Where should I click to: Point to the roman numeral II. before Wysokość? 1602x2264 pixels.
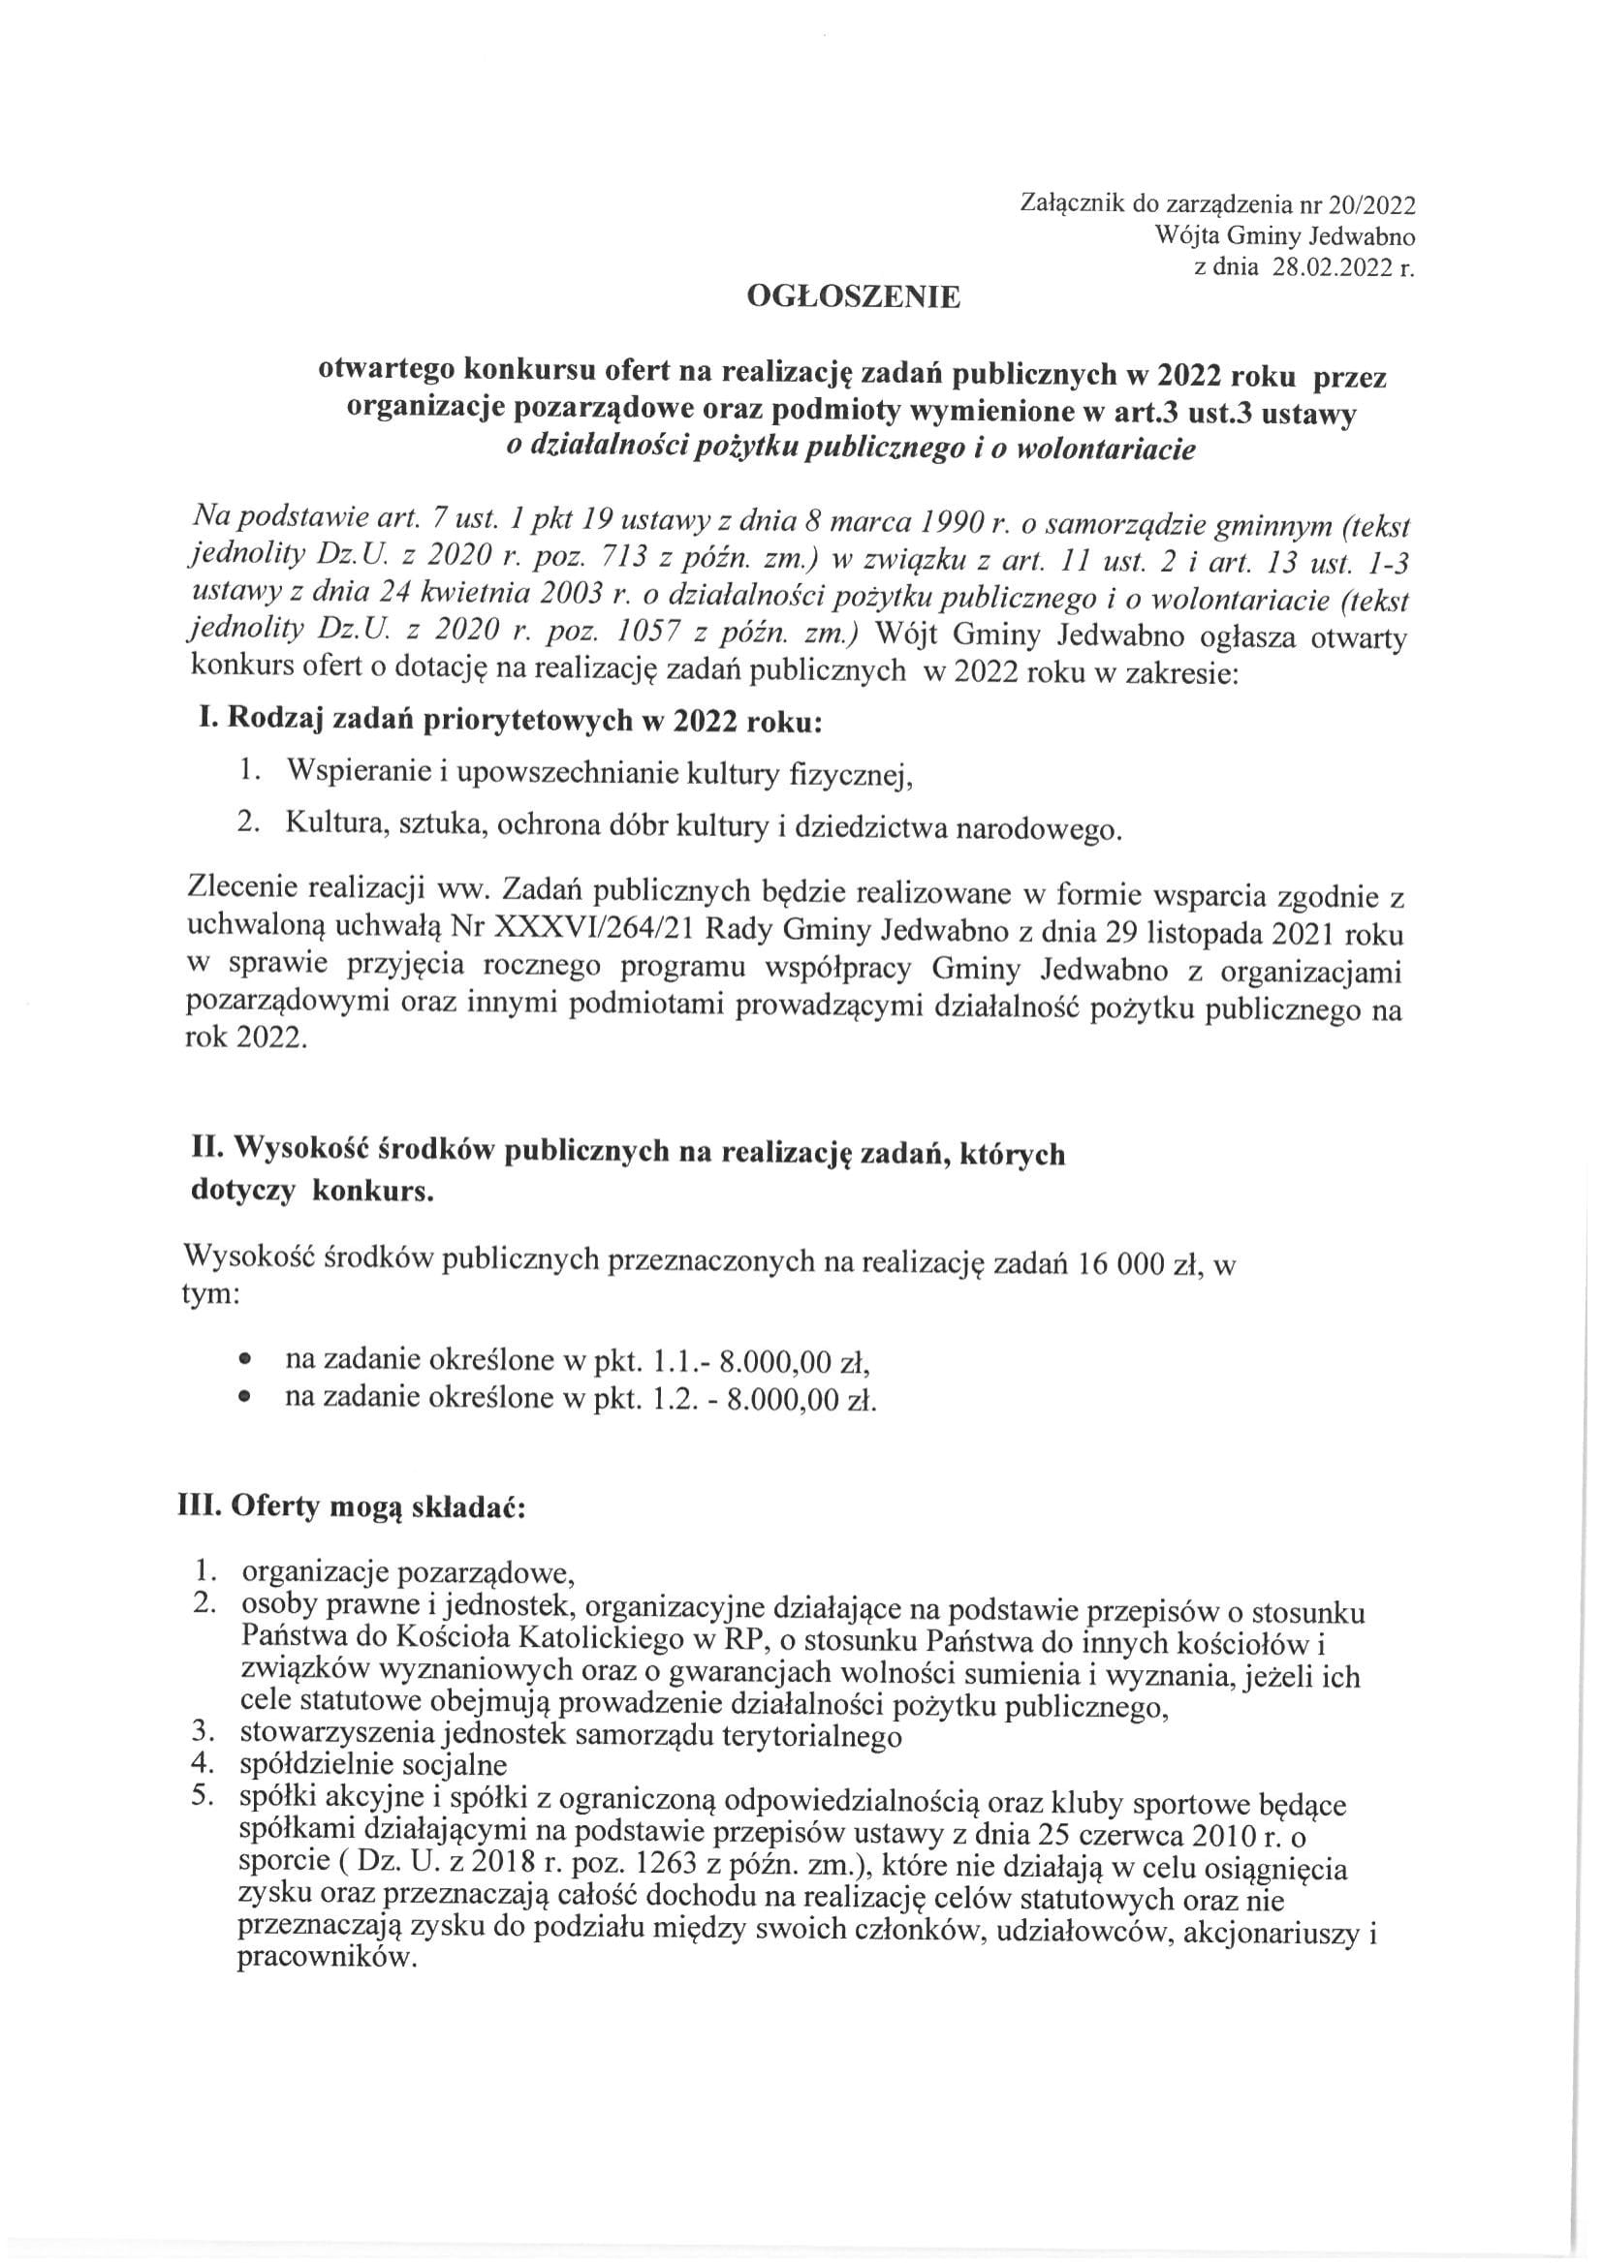(x=209, y=1152)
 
